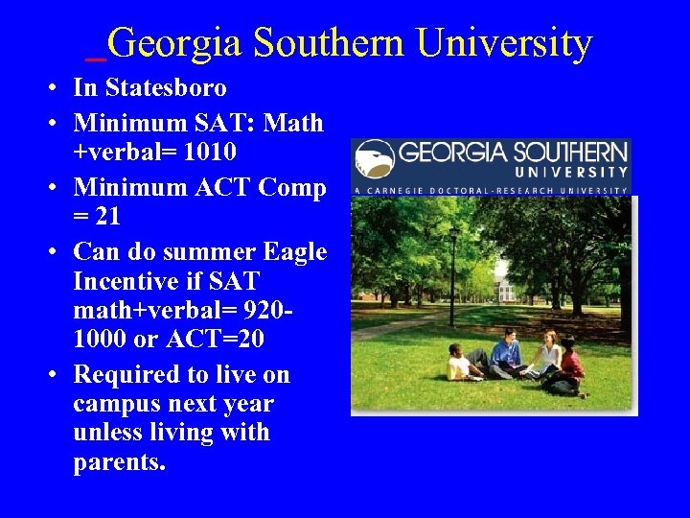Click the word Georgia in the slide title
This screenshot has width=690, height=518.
click(174, 44)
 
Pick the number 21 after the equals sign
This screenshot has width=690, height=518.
click(107, 216)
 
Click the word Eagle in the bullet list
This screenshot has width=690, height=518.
click(294, 251)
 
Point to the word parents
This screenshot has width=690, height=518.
click(119, 462)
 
